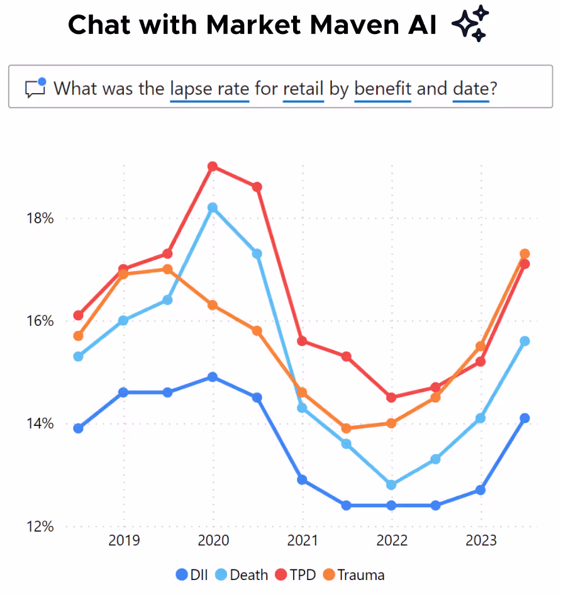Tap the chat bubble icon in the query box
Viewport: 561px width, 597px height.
click(36, 87)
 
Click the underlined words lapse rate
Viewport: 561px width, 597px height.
click(209, 87)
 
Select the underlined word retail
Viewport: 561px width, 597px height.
click(303, 87)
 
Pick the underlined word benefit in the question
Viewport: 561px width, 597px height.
click(382, 87)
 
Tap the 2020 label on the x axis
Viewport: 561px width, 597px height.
click(213, 540)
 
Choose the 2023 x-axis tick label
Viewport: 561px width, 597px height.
click(480, 540)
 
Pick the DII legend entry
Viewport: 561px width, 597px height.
click(191, 574)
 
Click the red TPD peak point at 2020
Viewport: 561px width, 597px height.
click(213, 167)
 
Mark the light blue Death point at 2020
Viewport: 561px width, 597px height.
click(213, 208)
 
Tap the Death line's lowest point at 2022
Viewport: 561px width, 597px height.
click(391, 484)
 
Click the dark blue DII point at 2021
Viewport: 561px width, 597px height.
click(302, 479)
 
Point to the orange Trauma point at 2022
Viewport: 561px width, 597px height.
click(391, 423)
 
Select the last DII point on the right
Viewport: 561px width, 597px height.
click(525, 418)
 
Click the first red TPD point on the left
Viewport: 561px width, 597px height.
click(78, 315)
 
